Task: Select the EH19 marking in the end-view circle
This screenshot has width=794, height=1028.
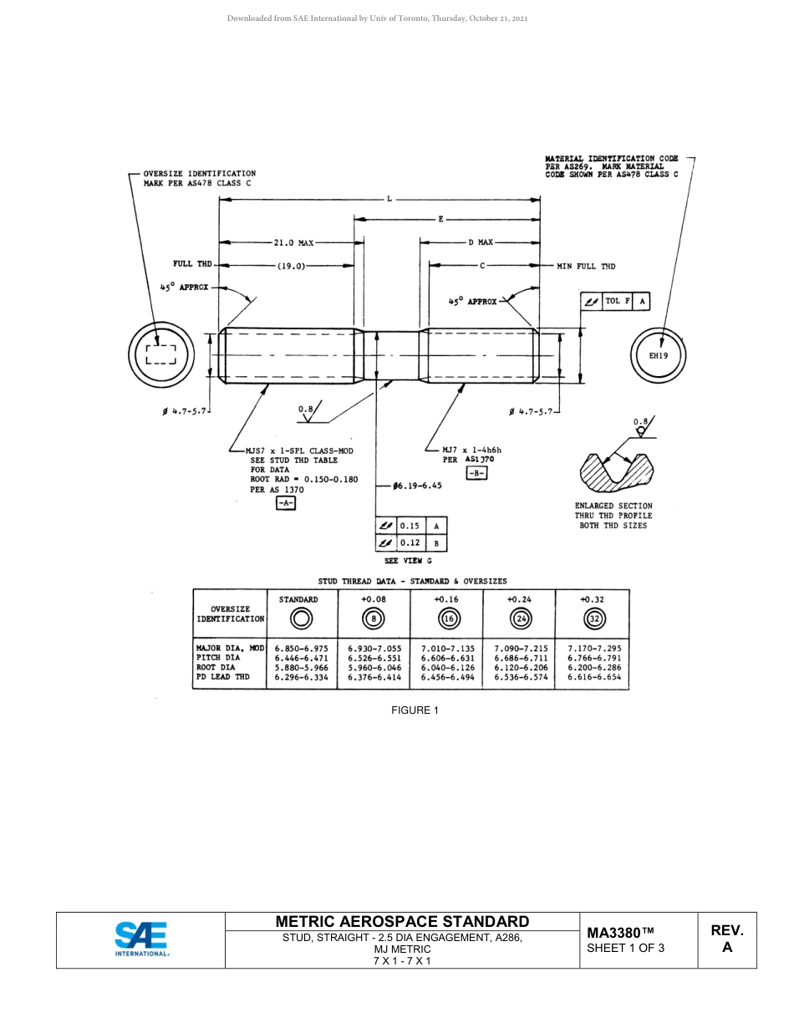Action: [x=659, y=355]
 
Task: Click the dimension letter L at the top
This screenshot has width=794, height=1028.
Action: [x=389, y=199]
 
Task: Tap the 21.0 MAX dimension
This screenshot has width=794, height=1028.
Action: [x=293, y=243]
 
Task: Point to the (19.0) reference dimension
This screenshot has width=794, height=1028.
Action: [x=291, y=266]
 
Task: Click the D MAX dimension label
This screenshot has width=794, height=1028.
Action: [x=480, y=242]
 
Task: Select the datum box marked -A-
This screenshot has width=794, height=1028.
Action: [x=286, y=503]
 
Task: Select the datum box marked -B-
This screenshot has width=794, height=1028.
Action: [x=476, y=473]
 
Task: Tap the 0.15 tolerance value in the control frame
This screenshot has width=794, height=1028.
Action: [x=410, y=526]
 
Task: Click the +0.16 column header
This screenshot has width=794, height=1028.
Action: [x=446, y=599]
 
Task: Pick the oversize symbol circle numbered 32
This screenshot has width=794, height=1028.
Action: [x=594, y=619]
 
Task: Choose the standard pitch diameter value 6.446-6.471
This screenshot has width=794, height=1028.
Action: [x=301, y=658]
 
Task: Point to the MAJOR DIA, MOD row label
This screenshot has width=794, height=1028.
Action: [x=230, y=648]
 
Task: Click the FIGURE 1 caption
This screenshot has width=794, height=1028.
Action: [x=415, y=710]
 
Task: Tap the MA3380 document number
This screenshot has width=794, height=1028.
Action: [x=620, y=933]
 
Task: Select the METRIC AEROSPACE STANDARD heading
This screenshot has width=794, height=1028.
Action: [x=402, y=921]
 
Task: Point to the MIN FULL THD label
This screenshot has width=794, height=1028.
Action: [x=586, y=266]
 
